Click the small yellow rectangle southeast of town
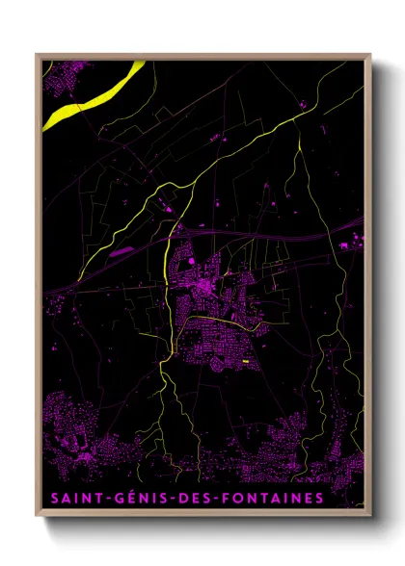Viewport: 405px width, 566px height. tap(246, 362)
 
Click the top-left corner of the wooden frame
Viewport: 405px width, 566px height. tap(37, 54)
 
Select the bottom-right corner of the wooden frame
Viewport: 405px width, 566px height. tap(370, 517)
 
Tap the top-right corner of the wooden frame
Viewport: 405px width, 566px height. tap(370, 54)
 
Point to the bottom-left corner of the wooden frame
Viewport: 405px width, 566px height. tap(37, 517)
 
